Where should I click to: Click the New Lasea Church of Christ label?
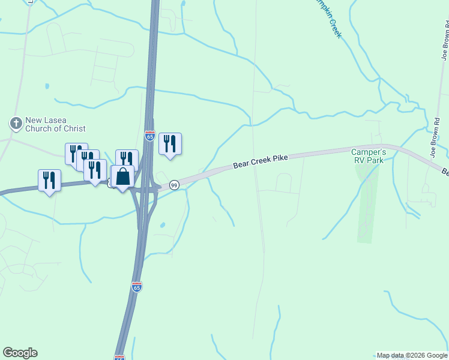(55, 124)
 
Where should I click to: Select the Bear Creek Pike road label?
(261, 160)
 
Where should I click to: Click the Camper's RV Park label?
(368, 156)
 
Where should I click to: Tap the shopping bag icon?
(122, 176)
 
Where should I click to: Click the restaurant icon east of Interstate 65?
(170, 143)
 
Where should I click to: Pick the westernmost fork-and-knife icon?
(49, 180)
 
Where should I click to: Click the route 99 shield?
(174, 185)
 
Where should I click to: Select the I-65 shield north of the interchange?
(150, 136)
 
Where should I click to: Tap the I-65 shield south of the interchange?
(137, 287)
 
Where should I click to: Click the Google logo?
(20, 353)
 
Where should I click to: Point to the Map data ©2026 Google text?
(412, 355)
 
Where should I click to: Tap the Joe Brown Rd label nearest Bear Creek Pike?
(435, 140)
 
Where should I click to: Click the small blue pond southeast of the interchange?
(163, 226)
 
